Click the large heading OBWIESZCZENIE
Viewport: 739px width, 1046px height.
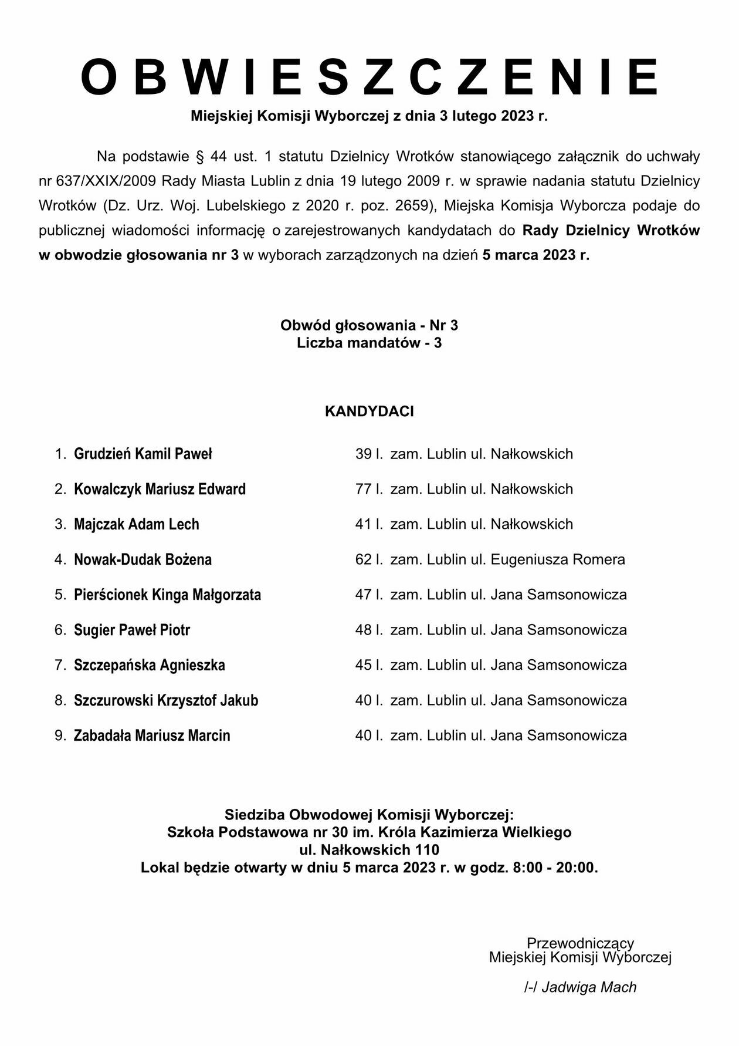(369, 77)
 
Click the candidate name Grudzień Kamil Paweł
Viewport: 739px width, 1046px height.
(143, 454)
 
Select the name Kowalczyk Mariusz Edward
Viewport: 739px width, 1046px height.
(160, 489)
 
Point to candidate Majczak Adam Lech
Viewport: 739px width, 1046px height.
(136, 524)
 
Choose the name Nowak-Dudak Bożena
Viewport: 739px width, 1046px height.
(143, 559)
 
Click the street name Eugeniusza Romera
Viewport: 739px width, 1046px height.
(558, 559)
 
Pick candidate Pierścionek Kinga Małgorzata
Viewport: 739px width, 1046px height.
(167, 595)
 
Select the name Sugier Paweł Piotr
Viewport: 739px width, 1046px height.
(132, 630)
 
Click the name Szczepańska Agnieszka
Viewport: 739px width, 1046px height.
(149, 665)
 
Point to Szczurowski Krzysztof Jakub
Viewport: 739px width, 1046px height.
(166, 700)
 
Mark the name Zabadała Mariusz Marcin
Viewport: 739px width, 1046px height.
(152, 735)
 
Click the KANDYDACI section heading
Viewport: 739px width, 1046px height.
(369, 411)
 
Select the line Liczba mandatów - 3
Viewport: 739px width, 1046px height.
(369, 343)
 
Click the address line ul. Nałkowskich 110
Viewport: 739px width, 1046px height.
(369, 849)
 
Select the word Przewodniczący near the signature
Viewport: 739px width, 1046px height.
(580, 943)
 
